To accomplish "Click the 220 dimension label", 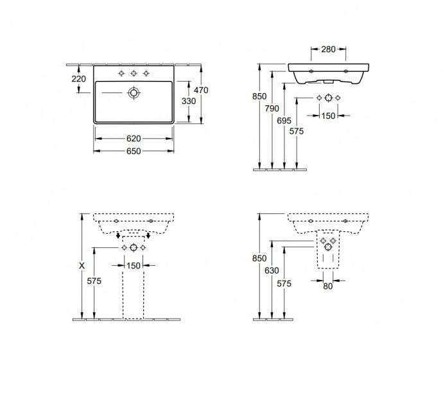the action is click(x=78, y=79).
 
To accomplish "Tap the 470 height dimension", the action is click(x=201, y=90).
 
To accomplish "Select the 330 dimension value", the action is click(x=189, y=101).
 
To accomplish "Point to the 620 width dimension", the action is click(x=134, y=139).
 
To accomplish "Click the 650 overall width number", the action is click(x=134, y=151).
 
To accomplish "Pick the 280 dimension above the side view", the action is click(x=328, y=49).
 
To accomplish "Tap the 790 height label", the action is click(x=272, y=109).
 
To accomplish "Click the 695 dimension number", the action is click(x=284, y=121).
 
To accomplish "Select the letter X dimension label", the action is click(x=82, y=266).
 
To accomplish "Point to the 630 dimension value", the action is click(x=272, y=270).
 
